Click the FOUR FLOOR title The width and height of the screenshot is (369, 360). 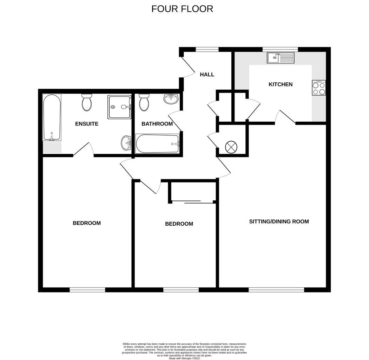click(x=182, y=9)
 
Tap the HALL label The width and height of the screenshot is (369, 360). click(x=207, y=75)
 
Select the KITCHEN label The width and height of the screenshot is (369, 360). click(x=281, y=84)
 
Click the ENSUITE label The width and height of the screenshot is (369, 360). click(x=87, y=124)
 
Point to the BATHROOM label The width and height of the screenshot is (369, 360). click(x=157, y=124)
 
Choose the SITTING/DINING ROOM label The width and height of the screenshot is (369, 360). click(x=279, y=221)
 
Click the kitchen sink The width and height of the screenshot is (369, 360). click(x=281, y=58)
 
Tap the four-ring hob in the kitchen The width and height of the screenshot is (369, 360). click(x=319, y=88)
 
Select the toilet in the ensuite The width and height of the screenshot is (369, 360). click(x=87, y=103)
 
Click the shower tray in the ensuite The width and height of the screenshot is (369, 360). click(x=119, y=107)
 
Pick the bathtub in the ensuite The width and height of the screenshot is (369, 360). click(x=52, y=117)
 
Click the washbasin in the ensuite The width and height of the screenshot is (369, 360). click(x=126, y=143)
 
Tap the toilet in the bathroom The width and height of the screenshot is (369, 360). click(x=144, y=103)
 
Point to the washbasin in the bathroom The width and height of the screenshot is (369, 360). click(x=171, y=99)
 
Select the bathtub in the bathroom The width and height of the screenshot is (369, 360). click(x=157, y=144)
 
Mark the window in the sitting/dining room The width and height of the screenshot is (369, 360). click(x=276, y=290)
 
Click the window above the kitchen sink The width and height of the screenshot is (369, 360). click(x=280, y=49)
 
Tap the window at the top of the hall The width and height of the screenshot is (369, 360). click(x=207, y=49)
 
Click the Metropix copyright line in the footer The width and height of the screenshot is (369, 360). click(x=184, y=358)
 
